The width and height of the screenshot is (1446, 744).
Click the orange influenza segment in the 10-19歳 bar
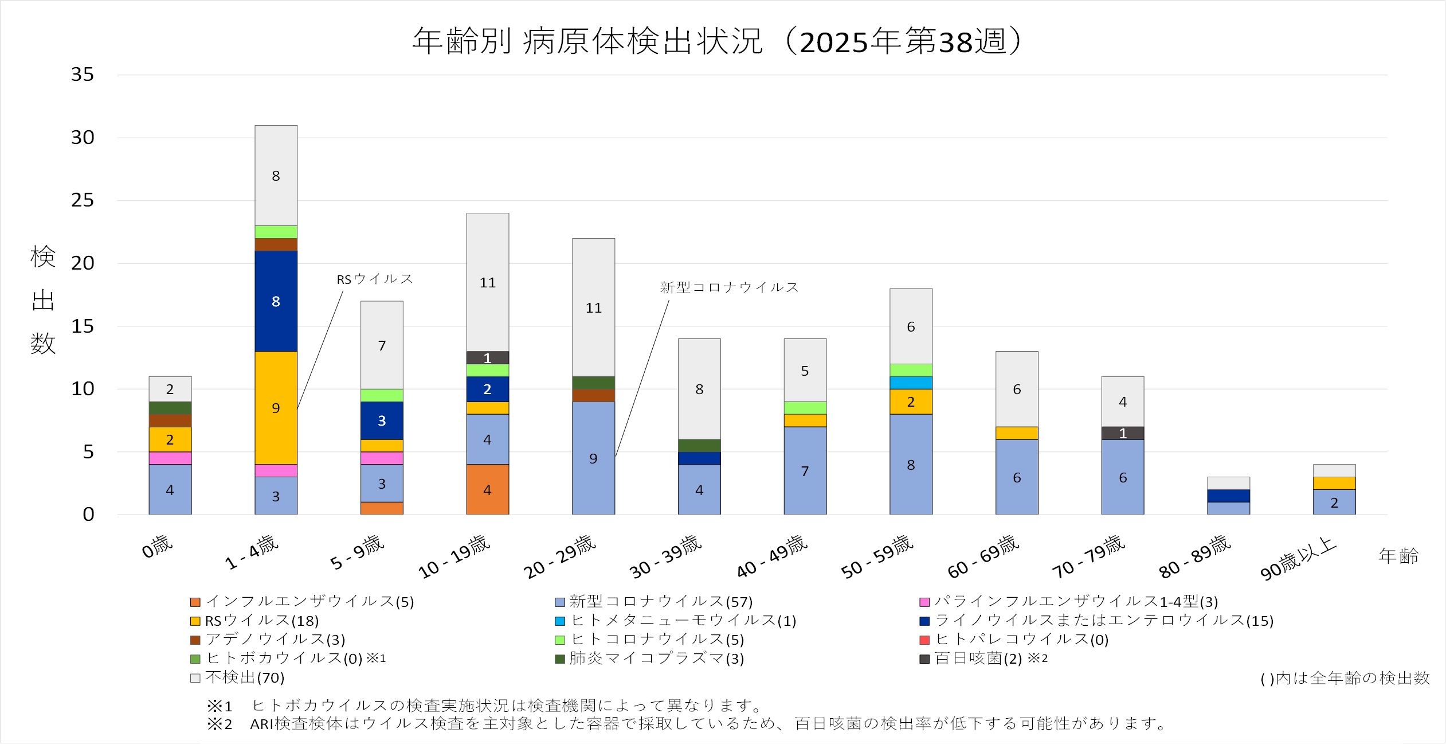point(487,489)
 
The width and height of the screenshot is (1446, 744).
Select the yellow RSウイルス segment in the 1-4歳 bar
point(276,407)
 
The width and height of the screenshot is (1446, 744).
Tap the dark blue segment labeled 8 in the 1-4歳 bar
point(276,301)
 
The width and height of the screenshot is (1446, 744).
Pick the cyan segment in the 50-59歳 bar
point(911,383)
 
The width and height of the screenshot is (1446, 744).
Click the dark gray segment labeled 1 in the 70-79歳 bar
point(1122,433)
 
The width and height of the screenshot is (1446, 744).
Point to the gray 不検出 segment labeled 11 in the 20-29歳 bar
point(593,307)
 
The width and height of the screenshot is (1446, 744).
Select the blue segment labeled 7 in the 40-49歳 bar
point(805,470)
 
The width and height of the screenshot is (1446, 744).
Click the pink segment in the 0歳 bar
point(170,458)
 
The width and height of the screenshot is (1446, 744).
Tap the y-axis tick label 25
point(83,200)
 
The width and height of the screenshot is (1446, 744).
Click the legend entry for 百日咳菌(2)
point(983,659)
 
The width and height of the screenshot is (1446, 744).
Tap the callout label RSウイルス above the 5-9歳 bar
point(374,279)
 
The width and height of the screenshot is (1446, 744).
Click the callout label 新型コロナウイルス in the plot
point(729,287)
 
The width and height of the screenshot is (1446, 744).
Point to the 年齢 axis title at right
point(1398,556)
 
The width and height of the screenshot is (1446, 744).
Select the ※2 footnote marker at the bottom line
point(220,724)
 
